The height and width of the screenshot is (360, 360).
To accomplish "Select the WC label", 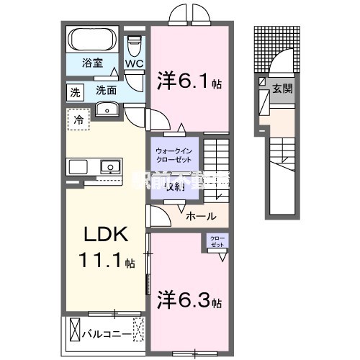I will coord(134,64).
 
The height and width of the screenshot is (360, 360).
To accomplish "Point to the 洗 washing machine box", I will coord(75,91).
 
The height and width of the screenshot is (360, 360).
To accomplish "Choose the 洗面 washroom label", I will coord(107,91).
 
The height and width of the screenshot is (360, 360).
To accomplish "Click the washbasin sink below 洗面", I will coord(107,109).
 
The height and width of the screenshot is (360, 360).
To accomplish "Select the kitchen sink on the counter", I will coord(110,167).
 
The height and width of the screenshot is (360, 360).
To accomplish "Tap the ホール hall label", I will coord(199,215).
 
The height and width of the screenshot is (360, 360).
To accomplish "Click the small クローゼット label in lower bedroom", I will coord(217,242).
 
